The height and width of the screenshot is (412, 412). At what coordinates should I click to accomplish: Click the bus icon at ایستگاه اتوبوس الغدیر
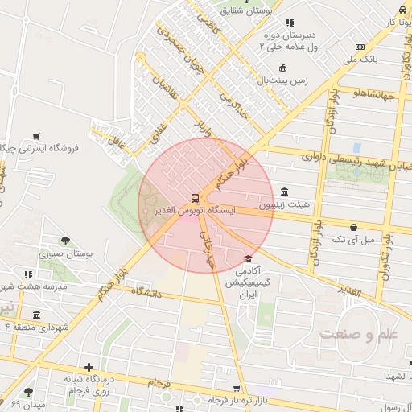pyautogui.click(x=195, y=197)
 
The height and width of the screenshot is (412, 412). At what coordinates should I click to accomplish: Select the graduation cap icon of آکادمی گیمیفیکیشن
pyautogui.click(x=248, y=259)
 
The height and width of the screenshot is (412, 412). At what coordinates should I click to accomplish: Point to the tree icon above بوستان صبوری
pyautogui.click(x=65, y=241)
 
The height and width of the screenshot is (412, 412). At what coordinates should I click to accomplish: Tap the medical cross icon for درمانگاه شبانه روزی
pyautogui.click(x=89, y=368)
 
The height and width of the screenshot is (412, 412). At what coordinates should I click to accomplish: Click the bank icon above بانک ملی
pyautogui.click(x=360, y=47)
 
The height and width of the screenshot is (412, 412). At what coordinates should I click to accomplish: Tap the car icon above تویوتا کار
pyautogui.click(x=401, y=10)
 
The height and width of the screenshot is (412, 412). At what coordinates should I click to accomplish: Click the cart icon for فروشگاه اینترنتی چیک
pyautogui.click(x=36, y=137)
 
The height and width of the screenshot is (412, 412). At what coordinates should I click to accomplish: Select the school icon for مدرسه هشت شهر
pyautogui.click(x=29, y=274)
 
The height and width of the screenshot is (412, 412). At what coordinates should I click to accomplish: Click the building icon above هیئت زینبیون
pyautogui.click(x=284, y=192)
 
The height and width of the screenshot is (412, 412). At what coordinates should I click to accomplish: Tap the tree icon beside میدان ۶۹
pyautogui.click(x=29, y=392)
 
